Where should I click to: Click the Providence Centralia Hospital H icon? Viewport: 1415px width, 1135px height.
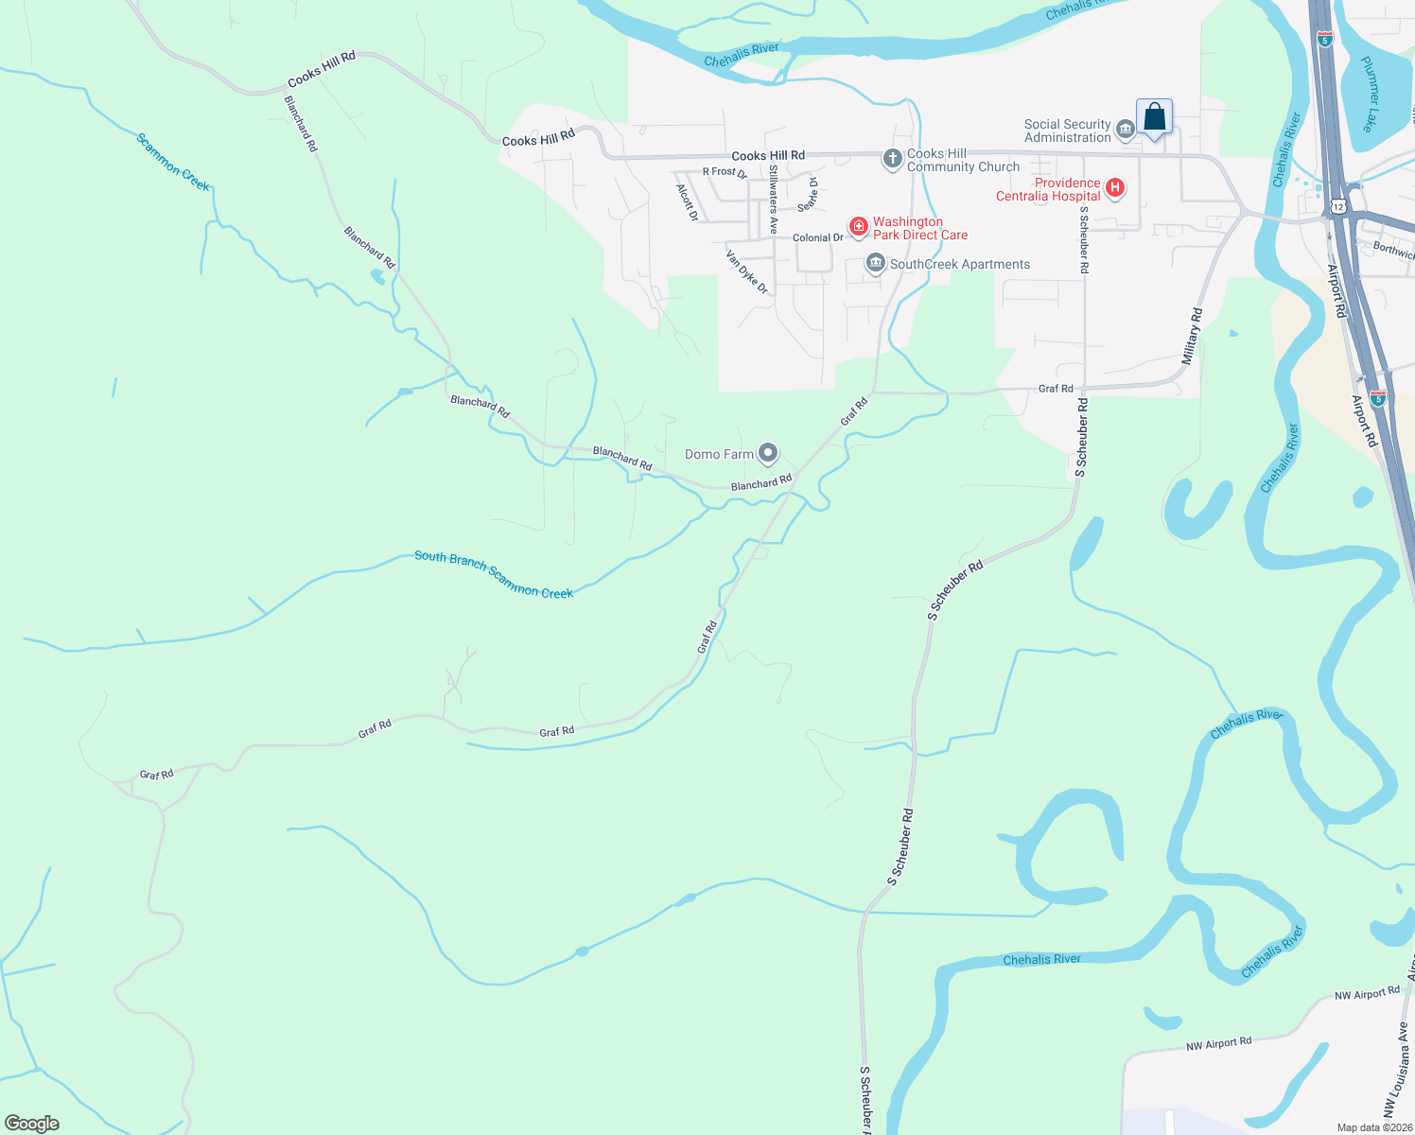click(x=1115, y=188)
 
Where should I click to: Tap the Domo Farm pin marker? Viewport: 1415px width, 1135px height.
click(x=768, y=454)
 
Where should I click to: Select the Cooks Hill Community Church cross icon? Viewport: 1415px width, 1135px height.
click(x=892, y=159)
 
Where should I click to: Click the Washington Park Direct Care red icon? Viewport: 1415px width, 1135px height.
click(x=859, y=226)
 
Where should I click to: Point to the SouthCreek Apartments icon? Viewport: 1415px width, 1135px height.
click(x=876, y=264)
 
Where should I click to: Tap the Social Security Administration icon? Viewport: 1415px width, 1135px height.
click(x=1125, y=130)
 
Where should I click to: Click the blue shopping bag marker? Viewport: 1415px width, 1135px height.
click(x=1154, y=117)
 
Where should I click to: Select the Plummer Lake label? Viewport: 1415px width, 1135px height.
click(x=1372, y=94)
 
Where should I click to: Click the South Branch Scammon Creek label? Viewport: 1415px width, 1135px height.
click(x=494, y=574)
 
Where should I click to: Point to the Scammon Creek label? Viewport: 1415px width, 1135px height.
click(x=173, y=162)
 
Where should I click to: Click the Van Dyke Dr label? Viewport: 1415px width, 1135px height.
click(x=747, y=271)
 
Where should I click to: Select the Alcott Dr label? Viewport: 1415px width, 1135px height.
click(x=688, y=202)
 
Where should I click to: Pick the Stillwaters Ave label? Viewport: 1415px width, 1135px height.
click(x=773, y=200)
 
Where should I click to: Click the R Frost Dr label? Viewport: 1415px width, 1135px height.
click(x=725, y=172)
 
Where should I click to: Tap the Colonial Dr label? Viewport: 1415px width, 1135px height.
click(x=818, y=237)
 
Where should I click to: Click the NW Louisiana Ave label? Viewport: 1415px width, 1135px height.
click(x=1395, y=1069)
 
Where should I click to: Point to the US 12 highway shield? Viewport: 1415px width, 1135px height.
click(x=1336, y=205)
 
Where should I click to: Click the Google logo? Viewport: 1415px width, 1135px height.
click(x=32, y=1124)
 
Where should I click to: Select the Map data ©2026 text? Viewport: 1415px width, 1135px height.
click(x=1374, y=1127)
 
